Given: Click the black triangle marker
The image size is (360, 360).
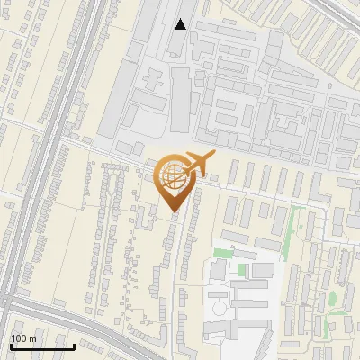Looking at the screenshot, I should (x=181, y=24).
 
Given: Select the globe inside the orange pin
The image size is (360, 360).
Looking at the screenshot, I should (x=171, y=176).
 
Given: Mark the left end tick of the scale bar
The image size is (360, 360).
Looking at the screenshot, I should (x=11, y=346).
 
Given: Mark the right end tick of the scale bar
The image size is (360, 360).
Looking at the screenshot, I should (x=74, y=346).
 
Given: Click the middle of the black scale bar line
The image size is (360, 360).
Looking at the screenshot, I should (x=42, y=347).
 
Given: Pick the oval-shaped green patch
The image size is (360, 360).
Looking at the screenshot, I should (x=332, y=297).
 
